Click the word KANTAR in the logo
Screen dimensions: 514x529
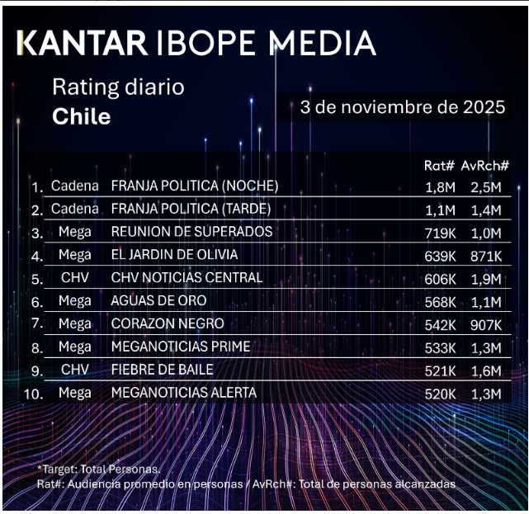[x=81, y=43]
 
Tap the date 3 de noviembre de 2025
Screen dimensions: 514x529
[x=403, y=108]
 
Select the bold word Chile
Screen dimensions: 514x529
[x=81, y=116]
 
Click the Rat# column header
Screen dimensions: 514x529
[x=438, y=166]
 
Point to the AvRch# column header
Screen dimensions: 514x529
[x=484, y=166]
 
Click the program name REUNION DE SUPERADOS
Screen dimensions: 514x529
[x=191, y=232]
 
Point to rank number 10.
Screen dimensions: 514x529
[x=33, y=394]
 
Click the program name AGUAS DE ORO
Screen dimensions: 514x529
[x=158, y=301]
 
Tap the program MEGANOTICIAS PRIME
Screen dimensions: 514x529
[x=180, y=347]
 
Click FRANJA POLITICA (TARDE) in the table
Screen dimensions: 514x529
[x=191, y=209]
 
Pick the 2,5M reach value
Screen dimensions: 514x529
[x=484, y=186]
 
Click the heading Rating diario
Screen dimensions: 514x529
[x=118, y=87]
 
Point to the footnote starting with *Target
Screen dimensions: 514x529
[x=100, y=469]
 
